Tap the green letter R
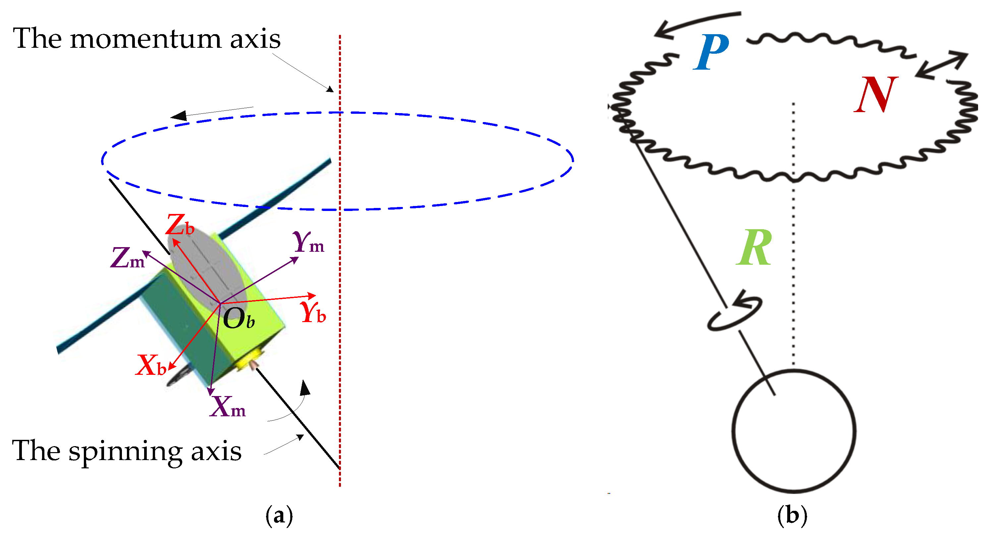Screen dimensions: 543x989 (754, 248)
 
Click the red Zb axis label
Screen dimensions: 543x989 (180, 225)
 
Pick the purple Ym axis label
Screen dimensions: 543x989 (308, 242)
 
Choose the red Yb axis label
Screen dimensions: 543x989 (313, 312)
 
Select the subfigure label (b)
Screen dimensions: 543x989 (792, 515)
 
